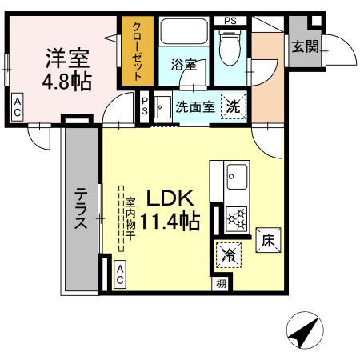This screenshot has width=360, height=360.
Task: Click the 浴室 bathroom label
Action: [183, 65]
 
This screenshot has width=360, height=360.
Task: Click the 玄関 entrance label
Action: [304, 46]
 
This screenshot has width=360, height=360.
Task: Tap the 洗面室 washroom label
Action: [194, 107]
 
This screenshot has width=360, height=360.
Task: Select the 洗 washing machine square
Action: [232, 106]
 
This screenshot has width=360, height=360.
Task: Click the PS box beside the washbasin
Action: [145, 106]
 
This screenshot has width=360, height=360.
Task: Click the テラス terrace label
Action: [82, 210]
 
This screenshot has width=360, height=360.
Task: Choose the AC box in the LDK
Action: [120, 274]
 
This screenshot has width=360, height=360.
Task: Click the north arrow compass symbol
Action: [303, 330]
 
